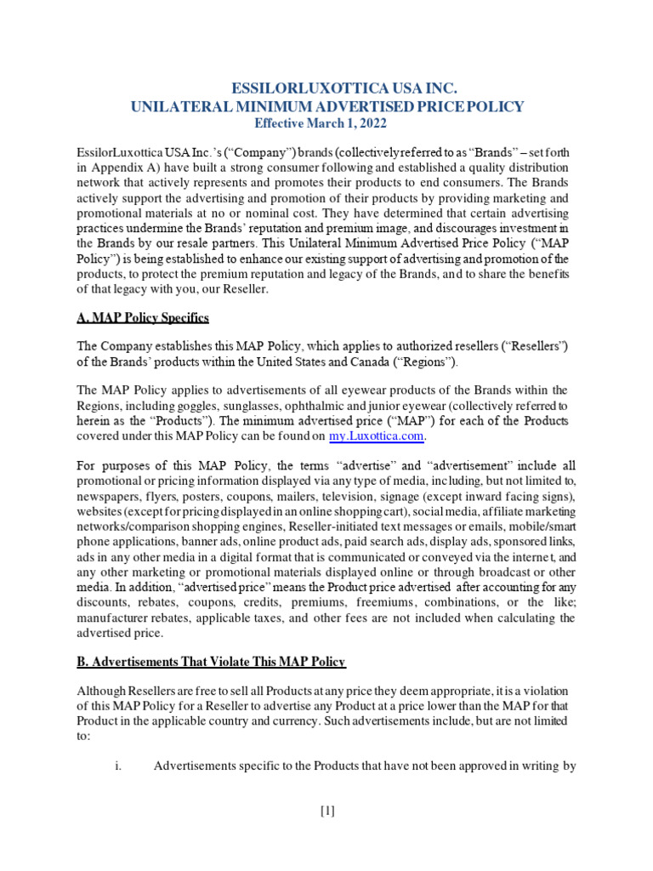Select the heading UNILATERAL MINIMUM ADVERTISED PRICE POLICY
(x=326, y=106)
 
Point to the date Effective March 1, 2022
(x=326, y=123)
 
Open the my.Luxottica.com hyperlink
(x=376, y=436)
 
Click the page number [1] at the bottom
(x=327, y=811)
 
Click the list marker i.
(x=117, y=766)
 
